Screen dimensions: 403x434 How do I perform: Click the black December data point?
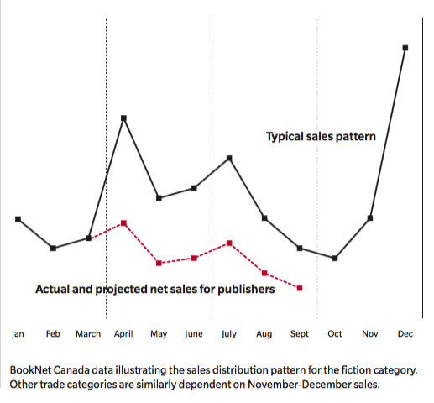pyautogui.click(x=405, y=48)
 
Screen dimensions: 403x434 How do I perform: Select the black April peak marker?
pyautogui.click(x=124, y=118)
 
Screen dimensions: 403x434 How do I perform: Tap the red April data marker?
pyautogui.click(x=124, y=223)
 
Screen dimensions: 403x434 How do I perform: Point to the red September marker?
pyautogui.click(x=300, y=288)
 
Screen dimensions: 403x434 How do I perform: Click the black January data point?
pyautogui.click(x=18, y=219)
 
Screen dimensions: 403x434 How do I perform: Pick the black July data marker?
pyautogui.click(x=229, y=158)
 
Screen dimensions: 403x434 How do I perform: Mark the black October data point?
pyautogui.click(x=335, y=258)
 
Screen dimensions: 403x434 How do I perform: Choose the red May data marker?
pyautogui.click(x=159, y=263)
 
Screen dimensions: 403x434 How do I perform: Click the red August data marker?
pyautogui.click(x=264, y=273)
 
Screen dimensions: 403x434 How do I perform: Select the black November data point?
pyautogui.click(x=370, y=218)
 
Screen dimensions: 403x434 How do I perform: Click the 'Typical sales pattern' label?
pyautogui.click(x=321, y=136)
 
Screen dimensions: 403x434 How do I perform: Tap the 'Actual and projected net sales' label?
pyautogui.click(x=155, y=289)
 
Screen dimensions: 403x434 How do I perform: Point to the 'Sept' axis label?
pyautogui.click(x=299, y=334)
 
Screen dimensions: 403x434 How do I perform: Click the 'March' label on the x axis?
pyautogui.click(x=88, y=334)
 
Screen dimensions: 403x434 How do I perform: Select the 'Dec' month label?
pyautogui.click(x=405, y=334)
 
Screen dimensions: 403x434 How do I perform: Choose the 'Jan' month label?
pyautogui.click(x=18, y=334)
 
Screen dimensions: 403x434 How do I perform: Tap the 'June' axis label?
pyautogui.click(x=193, y=334)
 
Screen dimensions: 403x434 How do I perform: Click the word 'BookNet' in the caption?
pyautogui.click(x=30, y=369)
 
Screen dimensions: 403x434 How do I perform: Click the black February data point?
pyautogui.click(x=54, y=248)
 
